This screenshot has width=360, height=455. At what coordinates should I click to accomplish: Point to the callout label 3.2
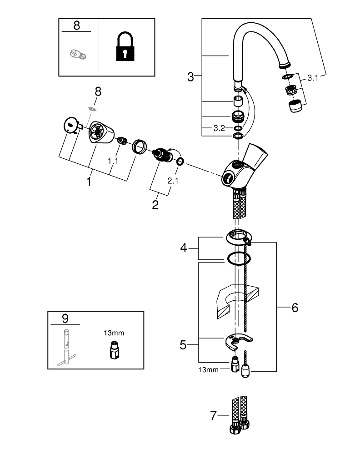click(x=219, y=129)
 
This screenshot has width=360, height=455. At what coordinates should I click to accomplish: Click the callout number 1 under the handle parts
click(x=89, y=182)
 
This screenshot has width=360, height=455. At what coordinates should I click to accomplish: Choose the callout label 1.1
click(x=112, y=161)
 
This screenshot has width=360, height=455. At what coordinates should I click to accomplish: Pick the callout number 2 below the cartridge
click(x=155, y=205)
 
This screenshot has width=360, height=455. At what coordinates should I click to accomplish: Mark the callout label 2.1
click(x=173, y=181)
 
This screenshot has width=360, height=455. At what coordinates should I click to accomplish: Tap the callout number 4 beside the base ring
click(x=184, y=248)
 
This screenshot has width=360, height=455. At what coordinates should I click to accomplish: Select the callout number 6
click(x=295, y=308)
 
